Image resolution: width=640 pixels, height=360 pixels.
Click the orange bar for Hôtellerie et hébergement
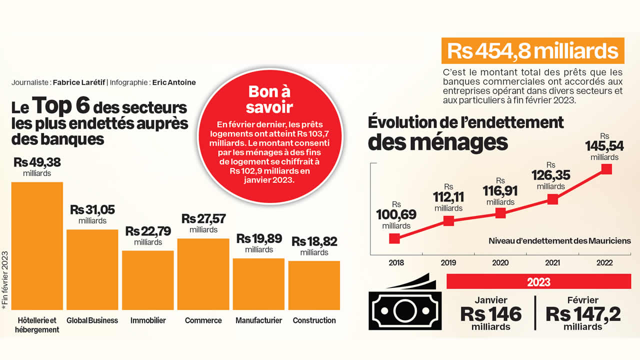tap(37, 246)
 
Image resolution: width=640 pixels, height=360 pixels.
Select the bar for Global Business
tap(92, 270)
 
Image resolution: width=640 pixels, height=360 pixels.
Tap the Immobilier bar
tap(148, 280)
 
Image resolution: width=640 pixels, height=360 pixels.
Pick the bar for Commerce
tap(203, 274)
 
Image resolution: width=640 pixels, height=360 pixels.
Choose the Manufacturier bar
tap(258, 284)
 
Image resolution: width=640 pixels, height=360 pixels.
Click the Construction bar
tap(314, 285)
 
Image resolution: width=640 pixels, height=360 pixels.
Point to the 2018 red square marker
tap(395, 238)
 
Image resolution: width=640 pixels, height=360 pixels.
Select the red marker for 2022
tap(606, 168)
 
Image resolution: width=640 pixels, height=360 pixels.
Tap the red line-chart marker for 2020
tap(500, 212)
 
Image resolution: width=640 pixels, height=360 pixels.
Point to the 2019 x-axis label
tap(448, 262)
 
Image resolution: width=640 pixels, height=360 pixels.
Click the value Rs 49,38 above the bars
tap(37, 162)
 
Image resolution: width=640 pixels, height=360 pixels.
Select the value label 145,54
tap(604, 146)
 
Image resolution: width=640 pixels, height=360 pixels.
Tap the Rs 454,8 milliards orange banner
tap(532, 51)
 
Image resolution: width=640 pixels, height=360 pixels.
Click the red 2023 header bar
tap(538, 282)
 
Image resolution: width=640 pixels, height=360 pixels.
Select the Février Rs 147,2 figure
tap(583, 314)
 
